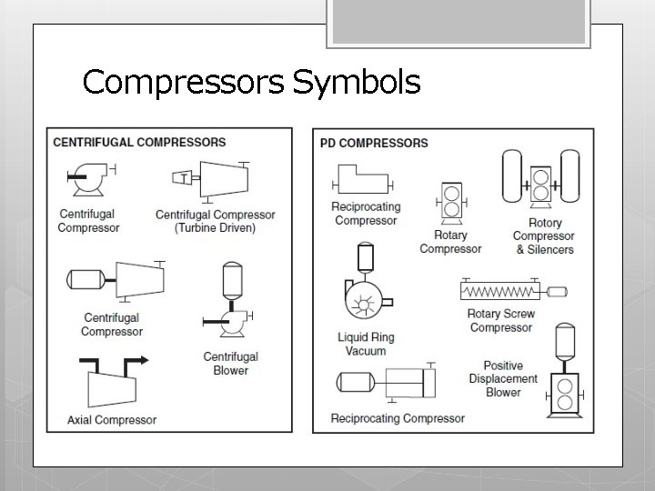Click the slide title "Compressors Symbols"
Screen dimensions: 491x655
tap(251, 83)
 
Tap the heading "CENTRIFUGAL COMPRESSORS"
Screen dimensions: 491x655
tap(139, 143)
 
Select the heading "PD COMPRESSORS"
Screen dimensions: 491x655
tap(374, 143)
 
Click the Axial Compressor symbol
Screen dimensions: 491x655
tap(112, 384)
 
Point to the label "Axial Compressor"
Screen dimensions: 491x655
tap(112, 420)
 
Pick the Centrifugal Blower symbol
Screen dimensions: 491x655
tap(230, 300)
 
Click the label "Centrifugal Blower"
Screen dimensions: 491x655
tap(230, 364)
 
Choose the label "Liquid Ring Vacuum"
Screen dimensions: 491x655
tap(366, 345)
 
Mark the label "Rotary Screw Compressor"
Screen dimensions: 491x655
tap(501, 320)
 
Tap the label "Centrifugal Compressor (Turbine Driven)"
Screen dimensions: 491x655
tap(215, 222)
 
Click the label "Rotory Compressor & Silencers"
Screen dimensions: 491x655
tap(545, 236)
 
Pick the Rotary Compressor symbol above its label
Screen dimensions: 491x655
tap(450, 201)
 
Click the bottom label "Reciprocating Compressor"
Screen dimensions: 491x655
tap(398, 418)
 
